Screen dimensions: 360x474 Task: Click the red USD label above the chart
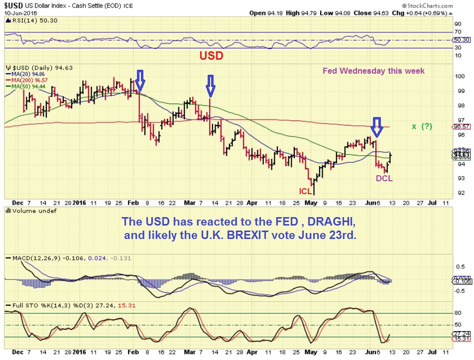pos(211,55)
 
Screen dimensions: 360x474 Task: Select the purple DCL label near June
pos(384,178)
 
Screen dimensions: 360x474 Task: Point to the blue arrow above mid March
pos(211,85)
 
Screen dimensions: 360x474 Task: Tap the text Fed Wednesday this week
pos(373,71)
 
